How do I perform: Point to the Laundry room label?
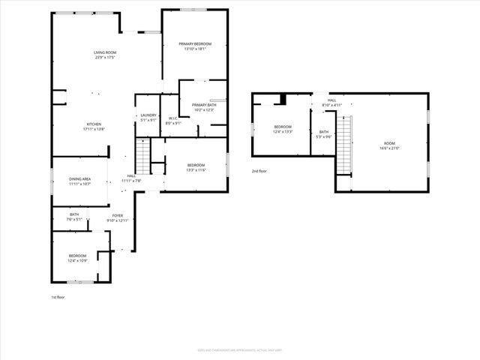(148, 117)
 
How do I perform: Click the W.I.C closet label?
(172, 120)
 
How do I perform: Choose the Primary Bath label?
(203, 107)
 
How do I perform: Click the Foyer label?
(118, 217)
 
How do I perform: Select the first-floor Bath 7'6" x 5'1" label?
(75, 217)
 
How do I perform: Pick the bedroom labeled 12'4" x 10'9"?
(77, 258)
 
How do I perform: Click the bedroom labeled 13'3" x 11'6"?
(196, 167)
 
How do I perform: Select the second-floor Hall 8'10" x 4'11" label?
(331, 103)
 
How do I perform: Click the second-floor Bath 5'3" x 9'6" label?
(323, 134)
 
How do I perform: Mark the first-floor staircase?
(142, 157)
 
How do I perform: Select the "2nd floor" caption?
(260, 172)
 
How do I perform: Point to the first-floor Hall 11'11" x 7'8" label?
(131, 178)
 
